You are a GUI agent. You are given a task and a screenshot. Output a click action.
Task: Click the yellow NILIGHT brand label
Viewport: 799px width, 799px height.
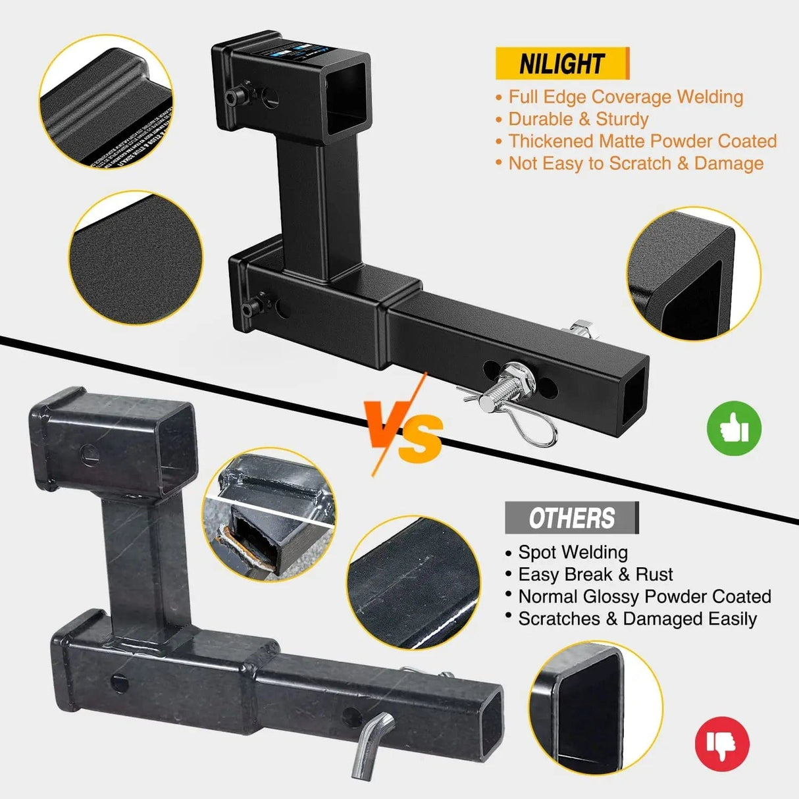coord(561,64)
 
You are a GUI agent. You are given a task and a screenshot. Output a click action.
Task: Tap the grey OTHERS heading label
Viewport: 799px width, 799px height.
coord(571,518)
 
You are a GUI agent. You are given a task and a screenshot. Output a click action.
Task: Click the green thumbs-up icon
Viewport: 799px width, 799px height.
coord(734,428)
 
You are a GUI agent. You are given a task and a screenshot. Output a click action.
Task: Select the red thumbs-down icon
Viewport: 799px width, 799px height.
coord(722,744)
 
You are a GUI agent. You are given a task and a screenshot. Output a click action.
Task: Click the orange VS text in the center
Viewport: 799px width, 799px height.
coord(406,433)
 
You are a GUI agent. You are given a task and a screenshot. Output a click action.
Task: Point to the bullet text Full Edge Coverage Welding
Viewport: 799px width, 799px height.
coord(625,97)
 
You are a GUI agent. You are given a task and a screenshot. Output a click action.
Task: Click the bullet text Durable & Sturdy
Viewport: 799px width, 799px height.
coord(578,119)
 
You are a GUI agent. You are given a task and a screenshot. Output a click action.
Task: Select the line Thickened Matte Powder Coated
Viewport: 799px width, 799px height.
coord(642,142)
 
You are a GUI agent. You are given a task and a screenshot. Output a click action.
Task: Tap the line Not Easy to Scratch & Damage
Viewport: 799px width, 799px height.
coord(635,164)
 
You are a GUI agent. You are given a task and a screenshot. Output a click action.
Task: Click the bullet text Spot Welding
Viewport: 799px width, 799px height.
coord(573,552)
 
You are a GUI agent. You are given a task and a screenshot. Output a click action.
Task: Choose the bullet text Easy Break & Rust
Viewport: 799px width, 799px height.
coord(595,575)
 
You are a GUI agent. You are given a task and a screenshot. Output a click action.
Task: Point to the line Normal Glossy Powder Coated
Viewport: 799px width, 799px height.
coord(644,597)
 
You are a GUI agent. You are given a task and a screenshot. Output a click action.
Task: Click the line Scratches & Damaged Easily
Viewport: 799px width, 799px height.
coord(636,619)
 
